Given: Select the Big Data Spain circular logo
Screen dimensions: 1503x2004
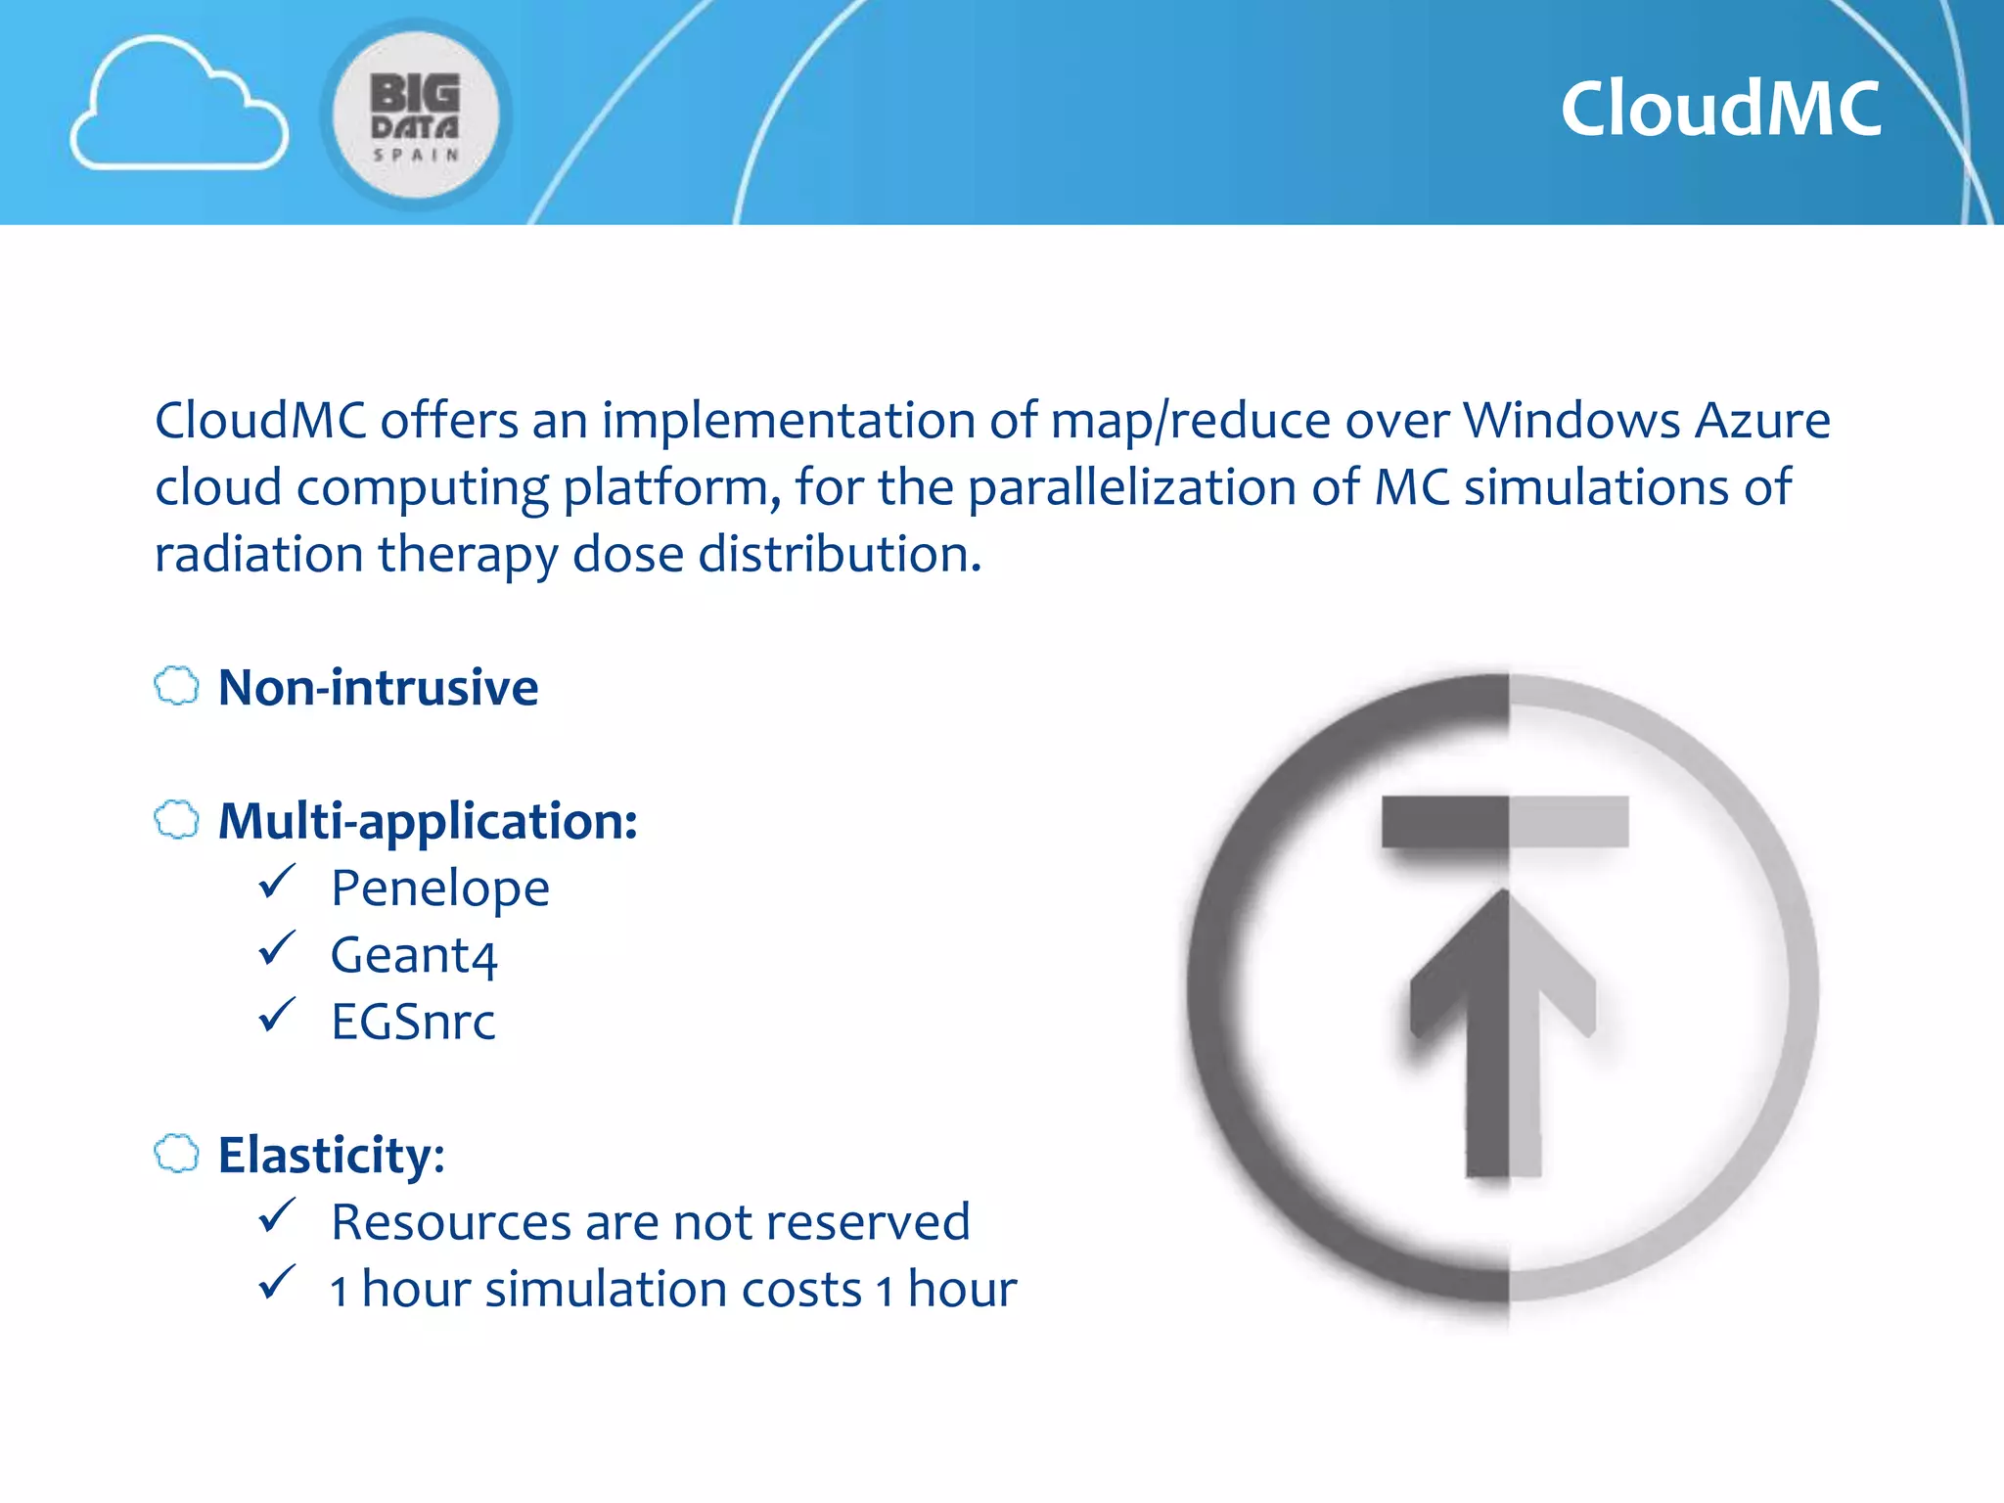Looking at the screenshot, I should [416, 115].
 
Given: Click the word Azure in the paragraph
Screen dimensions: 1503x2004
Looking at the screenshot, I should [1761, 421].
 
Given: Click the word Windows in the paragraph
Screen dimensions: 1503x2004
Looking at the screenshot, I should [1571, 421].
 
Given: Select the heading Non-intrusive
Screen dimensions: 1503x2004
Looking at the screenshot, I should [378, 687].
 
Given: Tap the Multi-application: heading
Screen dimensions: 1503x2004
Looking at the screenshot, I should [428, 820].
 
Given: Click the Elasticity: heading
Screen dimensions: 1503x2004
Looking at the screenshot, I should [331, 1155].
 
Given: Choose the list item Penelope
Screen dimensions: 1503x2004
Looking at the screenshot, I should [440, 888].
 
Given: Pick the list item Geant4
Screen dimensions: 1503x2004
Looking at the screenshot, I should [414, 955].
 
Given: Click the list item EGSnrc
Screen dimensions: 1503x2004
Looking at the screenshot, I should [413, 1022].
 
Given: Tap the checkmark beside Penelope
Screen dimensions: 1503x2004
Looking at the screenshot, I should [277, 883].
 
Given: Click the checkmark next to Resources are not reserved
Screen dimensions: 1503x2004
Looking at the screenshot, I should [277, 1216].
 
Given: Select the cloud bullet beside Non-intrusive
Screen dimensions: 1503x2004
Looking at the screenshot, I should [177, 686].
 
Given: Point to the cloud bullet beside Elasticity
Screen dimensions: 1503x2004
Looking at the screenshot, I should [177, 1154].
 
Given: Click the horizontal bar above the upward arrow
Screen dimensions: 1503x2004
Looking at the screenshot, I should [1505, 822].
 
